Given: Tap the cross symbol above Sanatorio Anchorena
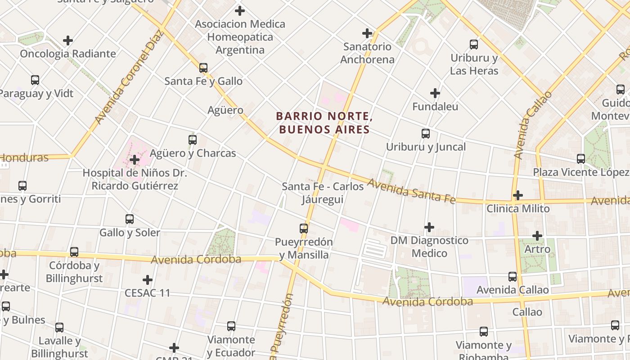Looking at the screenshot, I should point(367,33).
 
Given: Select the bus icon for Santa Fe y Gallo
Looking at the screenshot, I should point(203,68).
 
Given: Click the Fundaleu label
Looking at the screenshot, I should point(435,107).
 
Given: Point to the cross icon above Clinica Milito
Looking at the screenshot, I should point(518,195).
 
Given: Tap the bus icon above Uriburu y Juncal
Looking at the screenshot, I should point(426,134).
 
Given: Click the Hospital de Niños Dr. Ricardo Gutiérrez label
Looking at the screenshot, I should point(135,179).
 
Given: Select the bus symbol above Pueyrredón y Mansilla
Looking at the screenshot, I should point(304,229).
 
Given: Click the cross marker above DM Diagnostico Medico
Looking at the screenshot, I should point(429,227).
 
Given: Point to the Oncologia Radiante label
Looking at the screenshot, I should point(68,54).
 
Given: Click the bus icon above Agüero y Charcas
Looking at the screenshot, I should point(193,140).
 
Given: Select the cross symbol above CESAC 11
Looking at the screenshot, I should point(147,280).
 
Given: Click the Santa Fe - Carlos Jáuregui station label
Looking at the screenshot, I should point(323,193).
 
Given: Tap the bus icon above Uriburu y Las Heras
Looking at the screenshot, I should point(474,45).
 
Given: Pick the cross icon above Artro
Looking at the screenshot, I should point(537,235).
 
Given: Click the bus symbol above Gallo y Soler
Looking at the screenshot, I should point(130,219).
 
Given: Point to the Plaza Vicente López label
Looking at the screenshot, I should point(581,172).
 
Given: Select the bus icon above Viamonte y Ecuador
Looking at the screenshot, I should point(231,326).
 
